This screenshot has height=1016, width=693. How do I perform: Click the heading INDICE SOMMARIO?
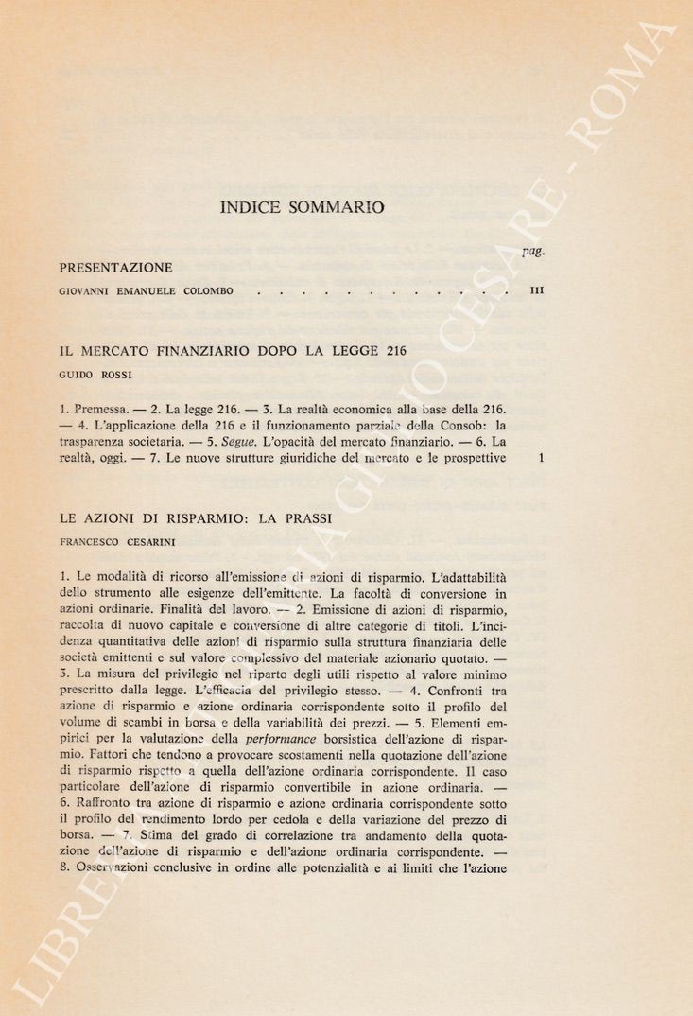tap(302, 207)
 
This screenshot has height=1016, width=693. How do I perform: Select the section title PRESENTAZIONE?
tap(115, 268)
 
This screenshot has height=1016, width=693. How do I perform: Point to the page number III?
tap(535, 295)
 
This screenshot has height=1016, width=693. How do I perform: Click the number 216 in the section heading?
tap(390, 350)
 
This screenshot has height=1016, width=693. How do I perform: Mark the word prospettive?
tap(472, 459)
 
